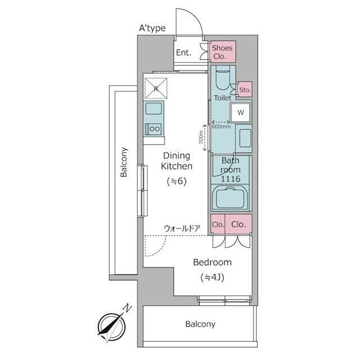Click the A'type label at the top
tap(152, 28)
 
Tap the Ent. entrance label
tap(184, 52)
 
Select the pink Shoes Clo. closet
tap(222, 52)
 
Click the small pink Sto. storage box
tap(245, 89)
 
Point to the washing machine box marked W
tap(241, 112)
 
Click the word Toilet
tap(223, 98)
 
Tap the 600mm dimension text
tap(221, 127)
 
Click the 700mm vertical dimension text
tap(201, 137)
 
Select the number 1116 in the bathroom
tap(231, 179)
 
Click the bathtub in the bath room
tap(231, 197)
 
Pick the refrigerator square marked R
tap(156, 88)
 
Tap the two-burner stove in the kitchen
tap(154, 129)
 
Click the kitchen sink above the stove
tap(154, 108)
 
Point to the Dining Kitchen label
tap(177, 161)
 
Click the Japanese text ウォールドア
tap(182, 229)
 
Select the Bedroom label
tap(213, 262)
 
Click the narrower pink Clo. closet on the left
tap(218, 224)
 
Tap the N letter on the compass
tap(127, 308)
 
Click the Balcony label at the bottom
tap(200, 324)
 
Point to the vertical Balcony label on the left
tap(124, 162)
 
